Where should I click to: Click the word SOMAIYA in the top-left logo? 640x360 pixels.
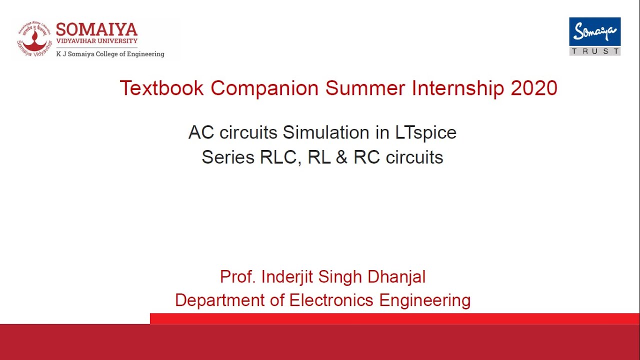96,29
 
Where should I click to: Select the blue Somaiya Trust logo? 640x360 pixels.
594,32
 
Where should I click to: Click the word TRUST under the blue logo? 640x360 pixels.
594,51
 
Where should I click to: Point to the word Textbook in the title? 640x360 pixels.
161,88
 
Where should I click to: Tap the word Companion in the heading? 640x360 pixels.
264,88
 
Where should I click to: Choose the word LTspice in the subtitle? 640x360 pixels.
425,133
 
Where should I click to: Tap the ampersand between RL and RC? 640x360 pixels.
341,157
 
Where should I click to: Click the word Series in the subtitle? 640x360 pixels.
227,157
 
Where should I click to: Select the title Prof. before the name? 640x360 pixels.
237,277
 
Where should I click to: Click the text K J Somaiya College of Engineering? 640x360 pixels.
110,54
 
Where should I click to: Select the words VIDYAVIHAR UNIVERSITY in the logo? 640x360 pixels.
96,41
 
